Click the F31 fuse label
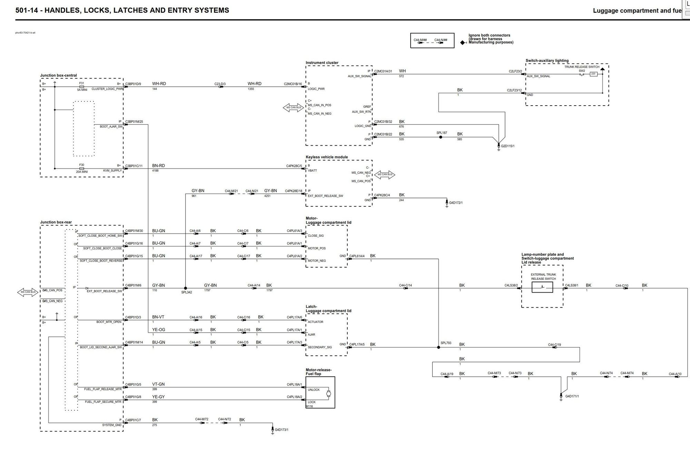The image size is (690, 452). pos(81,83)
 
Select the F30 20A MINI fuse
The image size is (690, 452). pos(82,169)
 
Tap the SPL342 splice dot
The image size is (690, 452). pos(185,288)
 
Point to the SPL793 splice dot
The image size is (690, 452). pos(438,347)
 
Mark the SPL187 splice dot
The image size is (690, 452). pos(441,137)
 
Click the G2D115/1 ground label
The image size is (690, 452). pos(507,146)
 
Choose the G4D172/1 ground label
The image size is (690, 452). pos(456,203)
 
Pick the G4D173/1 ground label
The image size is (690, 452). pos(282,430)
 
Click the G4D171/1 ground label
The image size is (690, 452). pos(572,396)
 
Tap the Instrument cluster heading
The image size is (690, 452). pos(322,63)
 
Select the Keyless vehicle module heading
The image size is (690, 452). pos(327,157)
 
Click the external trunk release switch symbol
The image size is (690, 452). pos(542,287)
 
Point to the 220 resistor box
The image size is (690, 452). pos(593,74)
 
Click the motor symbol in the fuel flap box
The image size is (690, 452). pos(328,394)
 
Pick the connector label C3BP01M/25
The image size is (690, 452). pos(134,121)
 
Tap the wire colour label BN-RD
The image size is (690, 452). pos(158,166)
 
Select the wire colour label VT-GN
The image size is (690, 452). pos(158,384)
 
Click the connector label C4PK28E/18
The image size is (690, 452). pos(294,191)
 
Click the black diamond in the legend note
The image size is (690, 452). pos(463,43)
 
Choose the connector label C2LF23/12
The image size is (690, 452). pos(514,90)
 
